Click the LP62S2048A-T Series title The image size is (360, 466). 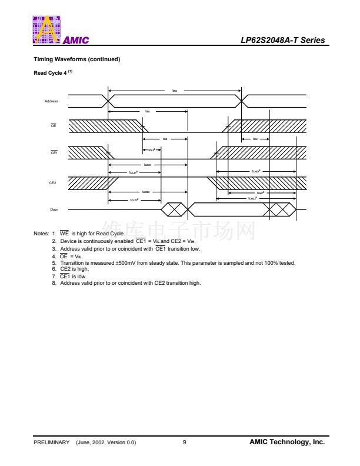coord(282,41)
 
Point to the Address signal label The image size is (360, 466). coord(51,101)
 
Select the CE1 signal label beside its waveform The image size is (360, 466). coord(54,152)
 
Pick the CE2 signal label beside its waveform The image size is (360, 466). coord(52,183)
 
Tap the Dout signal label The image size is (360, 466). coord(54,209)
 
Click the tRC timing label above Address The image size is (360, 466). coord(174,91)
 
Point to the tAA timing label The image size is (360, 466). coord(148,111)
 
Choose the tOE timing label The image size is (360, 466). coord(165,139)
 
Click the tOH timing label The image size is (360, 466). coord(255,139)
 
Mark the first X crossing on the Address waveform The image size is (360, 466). coord(108,101)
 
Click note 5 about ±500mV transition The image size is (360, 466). coord(177,263)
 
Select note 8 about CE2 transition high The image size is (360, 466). coord(130,283)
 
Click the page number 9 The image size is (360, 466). coord(185,442)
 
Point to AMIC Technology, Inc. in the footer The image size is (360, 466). coord(287,442)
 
